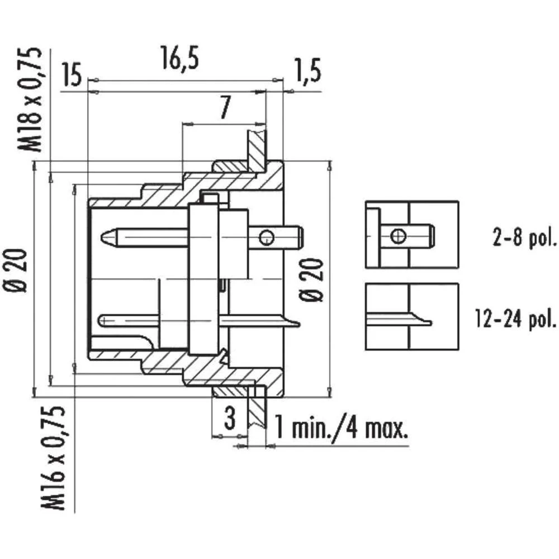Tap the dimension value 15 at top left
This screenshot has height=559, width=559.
pos(72,77)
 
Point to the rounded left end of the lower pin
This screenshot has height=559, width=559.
pos(101,321)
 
